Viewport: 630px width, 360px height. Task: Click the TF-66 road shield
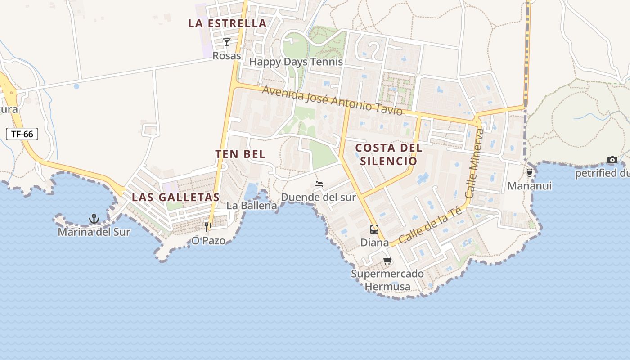coord(22,134)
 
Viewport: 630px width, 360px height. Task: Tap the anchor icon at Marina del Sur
coord(94,219)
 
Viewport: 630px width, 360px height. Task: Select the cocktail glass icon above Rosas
coord(227,43)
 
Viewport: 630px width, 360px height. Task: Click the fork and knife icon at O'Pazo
coord(208,227)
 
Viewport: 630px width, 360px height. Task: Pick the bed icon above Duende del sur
coord(319,184)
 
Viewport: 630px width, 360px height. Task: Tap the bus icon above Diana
coord(374,229)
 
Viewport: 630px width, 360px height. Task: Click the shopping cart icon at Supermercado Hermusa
coord(387,261)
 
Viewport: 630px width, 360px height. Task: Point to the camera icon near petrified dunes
coord(612,160)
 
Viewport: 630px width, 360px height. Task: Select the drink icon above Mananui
coord(530,173)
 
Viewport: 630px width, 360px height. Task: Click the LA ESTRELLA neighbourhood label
coord(227,23)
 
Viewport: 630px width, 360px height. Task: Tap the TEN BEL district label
coord(240,154)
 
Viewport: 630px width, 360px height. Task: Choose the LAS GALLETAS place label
coord(175,197)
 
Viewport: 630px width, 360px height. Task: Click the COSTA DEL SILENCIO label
coord(389,154)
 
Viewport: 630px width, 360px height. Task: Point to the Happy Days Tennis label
coord(296,62)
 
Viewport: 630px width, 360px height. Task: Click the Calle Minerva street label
coord(476,164)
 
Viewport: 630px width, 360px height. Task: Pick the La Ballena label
coord(252,206)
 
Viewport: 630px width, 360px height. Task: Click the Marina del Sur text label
coord(94,232)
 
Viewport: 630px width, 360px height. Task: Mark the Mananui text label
coord(530,186)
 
